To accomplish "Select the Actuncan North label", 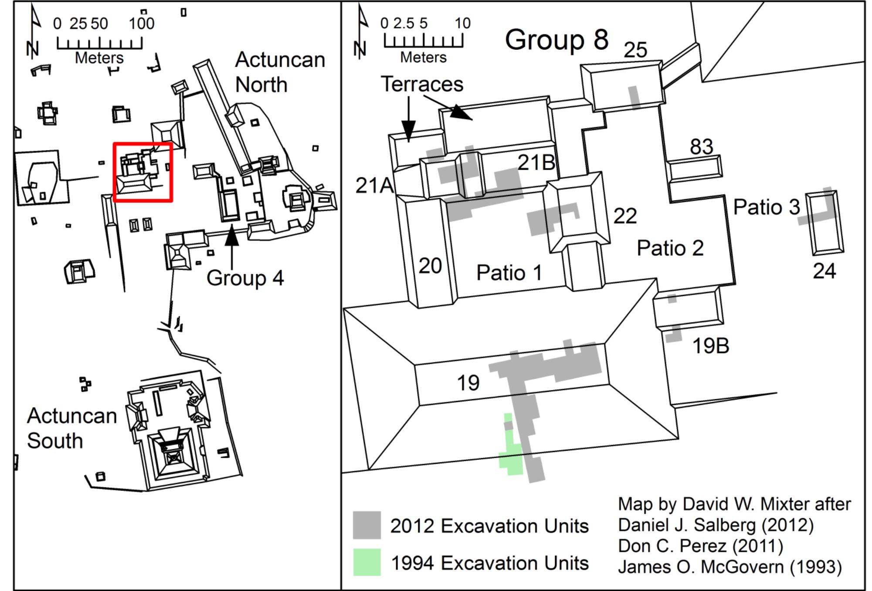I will (x=280, y=72).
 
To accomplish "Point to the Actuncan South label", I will (x=72, y=428).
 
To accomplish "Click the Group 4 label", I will (x=245, y=278).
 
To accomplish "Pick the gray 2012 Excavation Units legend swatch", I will (x=366, y=525).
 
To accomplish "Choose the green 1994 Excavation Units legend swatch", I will (x=366, y=562).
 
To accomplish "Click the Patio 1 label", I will (x=509, y=273).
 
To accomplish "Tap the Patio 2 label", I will (x=670, y=248).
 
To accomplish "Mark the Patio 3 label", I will (x=767, y=207).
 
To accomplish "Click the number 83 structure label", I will (x=701, y=147).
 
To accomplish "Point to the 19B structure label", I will (x=711, y=346).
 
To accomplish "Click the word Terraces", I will (x=422, y=84).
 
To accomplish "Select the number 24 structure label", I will (x=824, y=271).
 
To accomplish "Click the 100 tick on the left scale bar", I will (x=142, y=24).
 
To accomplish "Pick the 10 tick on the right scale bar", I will (x=462, y=23).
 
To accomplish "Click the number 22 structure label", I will (x=625, y=216).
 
